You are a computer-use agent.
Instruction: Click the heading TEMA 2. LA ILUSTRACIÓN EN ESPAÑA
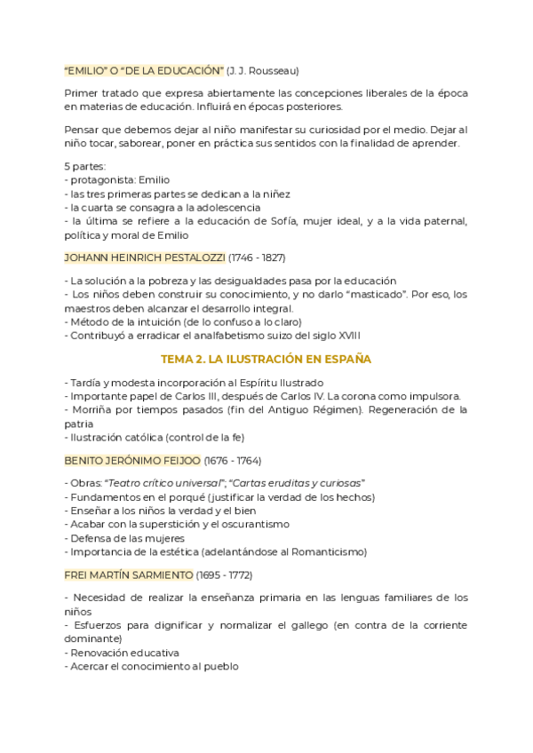[266, 359]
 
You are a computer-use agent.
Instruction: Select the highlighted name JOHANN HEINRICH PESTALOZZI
[145, 258]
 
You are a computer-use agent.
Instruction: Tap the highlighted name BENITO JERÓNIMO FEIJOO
[132, 461]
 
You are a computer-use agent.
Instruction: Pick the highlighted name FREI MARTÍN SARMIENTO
[129, 575]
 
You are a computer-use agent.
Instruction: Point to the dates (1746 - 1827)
[257, 258]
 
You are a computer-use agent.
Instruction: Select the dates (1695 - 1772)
[224, 575]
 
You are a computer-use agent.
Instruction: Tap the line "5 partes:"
[85, 166]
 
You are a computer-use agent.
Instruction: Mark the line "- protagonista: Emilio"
[117, 179]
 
